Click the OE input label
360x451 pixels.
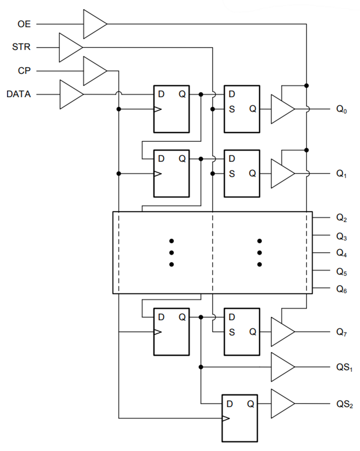pyautogui.click(x=23, y=24)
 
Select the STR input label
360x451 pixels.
pyautogui.click(x=21, y=48)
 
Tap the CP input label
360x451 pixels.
pyautogui.click(x=24, y=71)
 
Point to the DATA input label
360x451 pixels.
pyautogui.click(x=19, y=95)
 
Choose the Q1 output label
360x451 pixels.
pyautogui.click(x=342, y=173)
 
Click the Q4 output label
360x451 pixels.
pyautogui.click(x=342, y=253)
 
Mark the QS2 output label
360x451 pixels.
pyautogui.click(x=344, y=404)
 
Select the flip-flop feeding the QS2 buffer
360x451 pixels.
pyautogui.click(x=240, y=418)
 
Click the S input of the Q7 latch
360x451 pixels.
pyautogui.click(x=232, y=332)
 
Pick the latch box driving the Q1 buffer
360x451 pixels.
pyautogui.click(x=242, y=173)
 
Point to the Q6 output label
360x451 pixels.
pyautogui.click(x=342, y=289)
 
